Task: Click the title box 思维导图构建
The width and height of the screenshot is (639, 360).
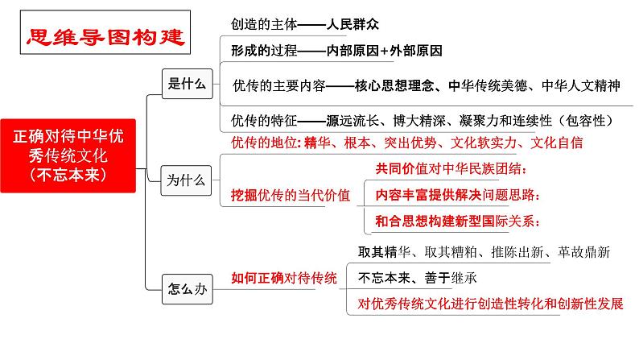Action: [104, 36]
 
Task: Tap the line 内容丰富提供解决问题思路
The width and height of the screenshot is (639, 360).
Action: [457, 195]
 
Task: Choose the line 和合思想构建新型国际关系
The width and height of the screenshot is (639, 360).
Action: [458, 221]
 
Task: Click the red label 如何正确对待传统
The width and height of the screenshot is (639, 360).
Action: [284, 278]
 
